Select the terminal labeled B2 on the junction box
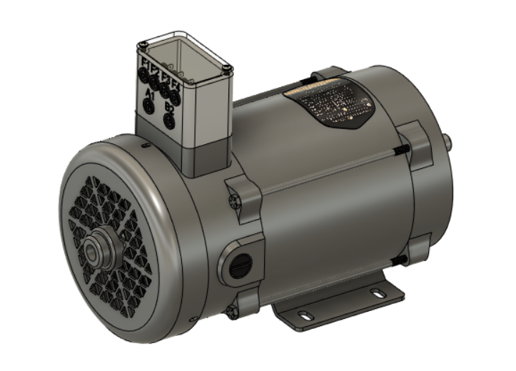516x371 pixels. point(169,120)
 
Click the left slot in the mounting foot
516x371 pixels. point(305,315)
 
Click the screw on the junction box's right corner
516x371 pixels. point(227,68)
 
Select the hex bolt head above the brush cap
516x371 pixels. point(232,201)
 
